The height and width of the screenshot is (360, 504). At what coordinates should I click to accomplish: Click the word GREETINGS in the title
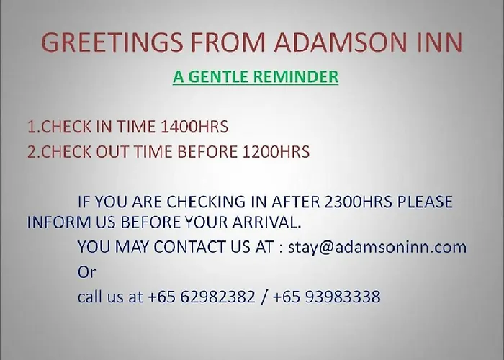[x=112, y=42]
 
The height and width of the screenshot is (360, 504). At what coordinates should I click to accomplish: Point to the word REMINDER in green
[x=296, y=77]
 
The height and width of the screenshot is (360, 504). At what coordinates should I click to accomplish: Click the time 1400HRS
[x=194, y=126]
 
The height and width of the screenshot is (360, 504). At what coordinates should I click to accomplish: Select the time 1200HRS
[x=276, y=152]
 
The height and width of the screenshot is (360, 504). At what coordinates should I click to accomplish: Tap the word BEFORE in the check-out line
[x=207, y=152]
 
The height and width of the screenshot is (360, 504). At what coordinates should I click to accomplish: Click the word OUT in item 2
[x=112, y=152]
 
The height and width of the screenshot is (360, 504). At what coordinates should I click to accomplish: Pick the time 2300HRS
[x=359, y=202]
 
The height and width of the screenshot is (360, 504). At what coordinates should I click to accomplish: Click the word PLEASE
[x=425, y=202]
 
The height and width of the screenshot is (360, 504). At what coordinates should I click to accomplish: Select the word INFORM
[x=59, y=222]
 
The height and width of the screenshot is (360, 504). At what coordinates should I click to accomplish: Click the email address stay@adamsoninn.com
[x=377, y=248]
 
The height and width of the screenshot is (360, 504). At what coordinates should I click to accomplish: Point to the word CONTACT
[x=189, y=247]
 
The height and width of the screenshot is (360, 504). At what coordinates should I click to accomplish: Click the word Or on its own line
[x=87, y=272]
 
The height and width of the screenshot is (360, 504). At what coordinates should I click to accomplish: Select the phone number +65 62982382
[x=202, y=297]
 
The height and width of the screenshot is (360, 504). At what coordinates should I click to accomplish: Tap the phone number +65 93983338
[x=327, y=297]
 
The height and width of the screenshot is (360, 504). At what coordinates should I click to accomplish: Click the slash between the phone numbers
[x=264, y=297]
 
